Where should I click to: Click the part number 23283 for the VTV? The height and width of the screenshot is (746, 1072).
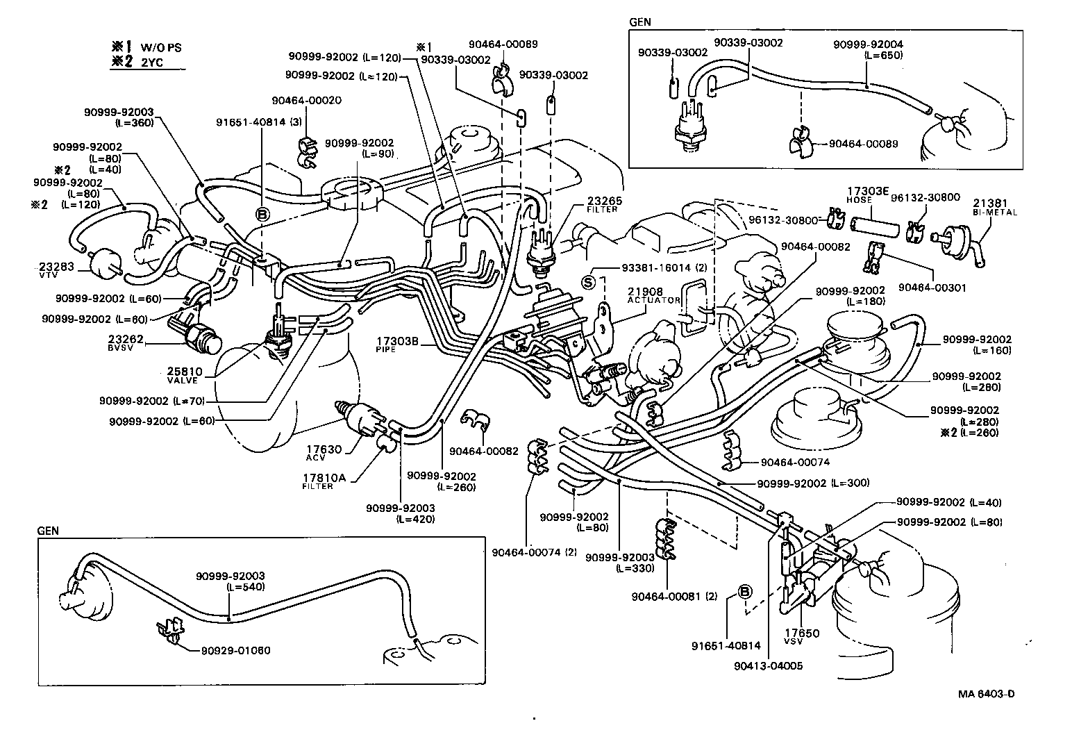click(53, 267)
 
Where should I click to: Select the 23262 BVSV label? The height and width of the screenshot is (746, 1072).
click(125, 339)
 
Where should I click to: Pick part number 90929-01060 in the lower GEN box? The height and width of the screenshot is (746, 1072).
click(235, 651)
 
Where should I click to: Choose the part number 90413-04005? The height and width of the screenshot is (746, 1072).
click(768, 665)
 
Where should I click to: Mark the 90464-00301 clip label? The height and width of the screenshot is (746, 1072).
click(932, 287)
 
